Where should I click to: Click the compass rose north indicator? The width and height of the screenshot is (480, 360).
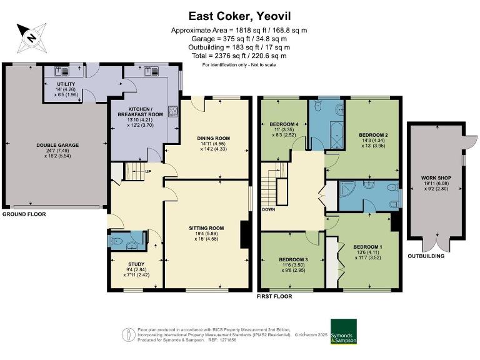(x=29, y=36)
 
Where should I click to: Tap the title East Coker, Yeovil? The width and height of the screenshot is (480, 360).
(x=239, y=16)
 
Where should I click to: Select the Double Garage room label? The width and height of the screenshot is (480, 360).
(x=57, y=144)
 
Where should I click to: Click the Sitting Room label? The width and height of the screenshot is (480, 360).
(x=206, y=229)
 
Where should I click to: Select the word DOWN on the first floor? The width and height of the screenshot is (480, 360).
(x=268, y=209)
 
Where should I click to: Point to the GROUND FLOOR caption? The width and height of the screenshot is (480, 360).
(x=23, y=214)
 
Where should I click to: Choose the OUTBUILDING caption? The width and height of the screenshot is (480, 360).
(x=426, y=256)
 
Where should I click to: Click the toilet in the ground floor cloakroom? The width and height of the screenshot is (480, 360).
(x=118, y=241)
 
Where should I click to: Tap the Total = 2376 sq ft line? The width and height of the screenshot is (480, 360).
(x=239, y=56)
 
